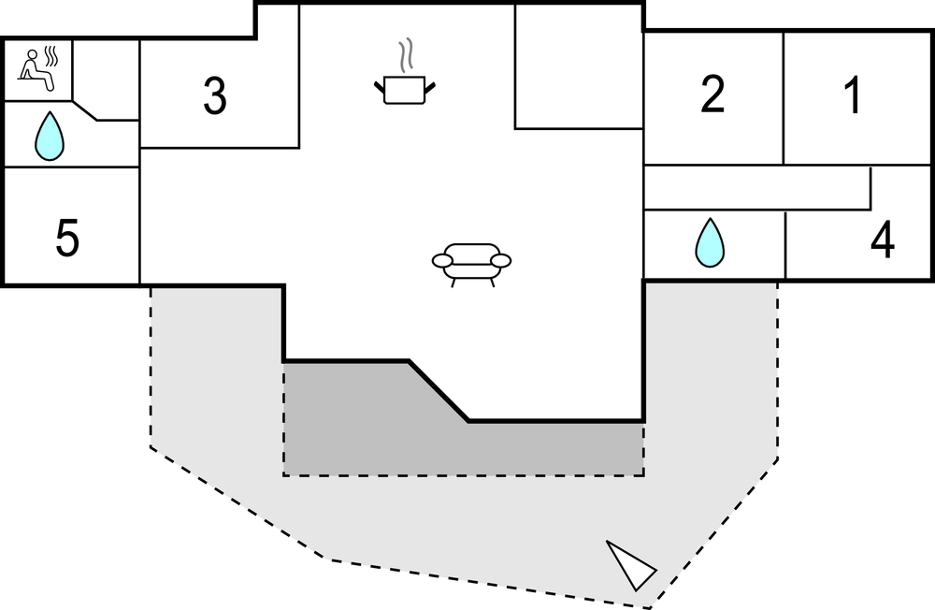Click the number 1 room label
852,97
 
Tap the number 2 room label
712,95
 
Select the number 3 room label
215,96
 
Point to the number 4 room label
882,241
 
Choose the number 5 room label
67,240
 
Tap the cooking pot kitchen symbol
405,89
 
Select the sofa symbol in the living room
472,263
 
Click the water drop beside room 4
711,242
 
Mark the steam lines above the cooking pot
405,56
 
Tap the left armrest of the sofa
443,260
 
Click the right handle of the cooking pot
430,87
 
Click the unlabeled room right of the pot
578,65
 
